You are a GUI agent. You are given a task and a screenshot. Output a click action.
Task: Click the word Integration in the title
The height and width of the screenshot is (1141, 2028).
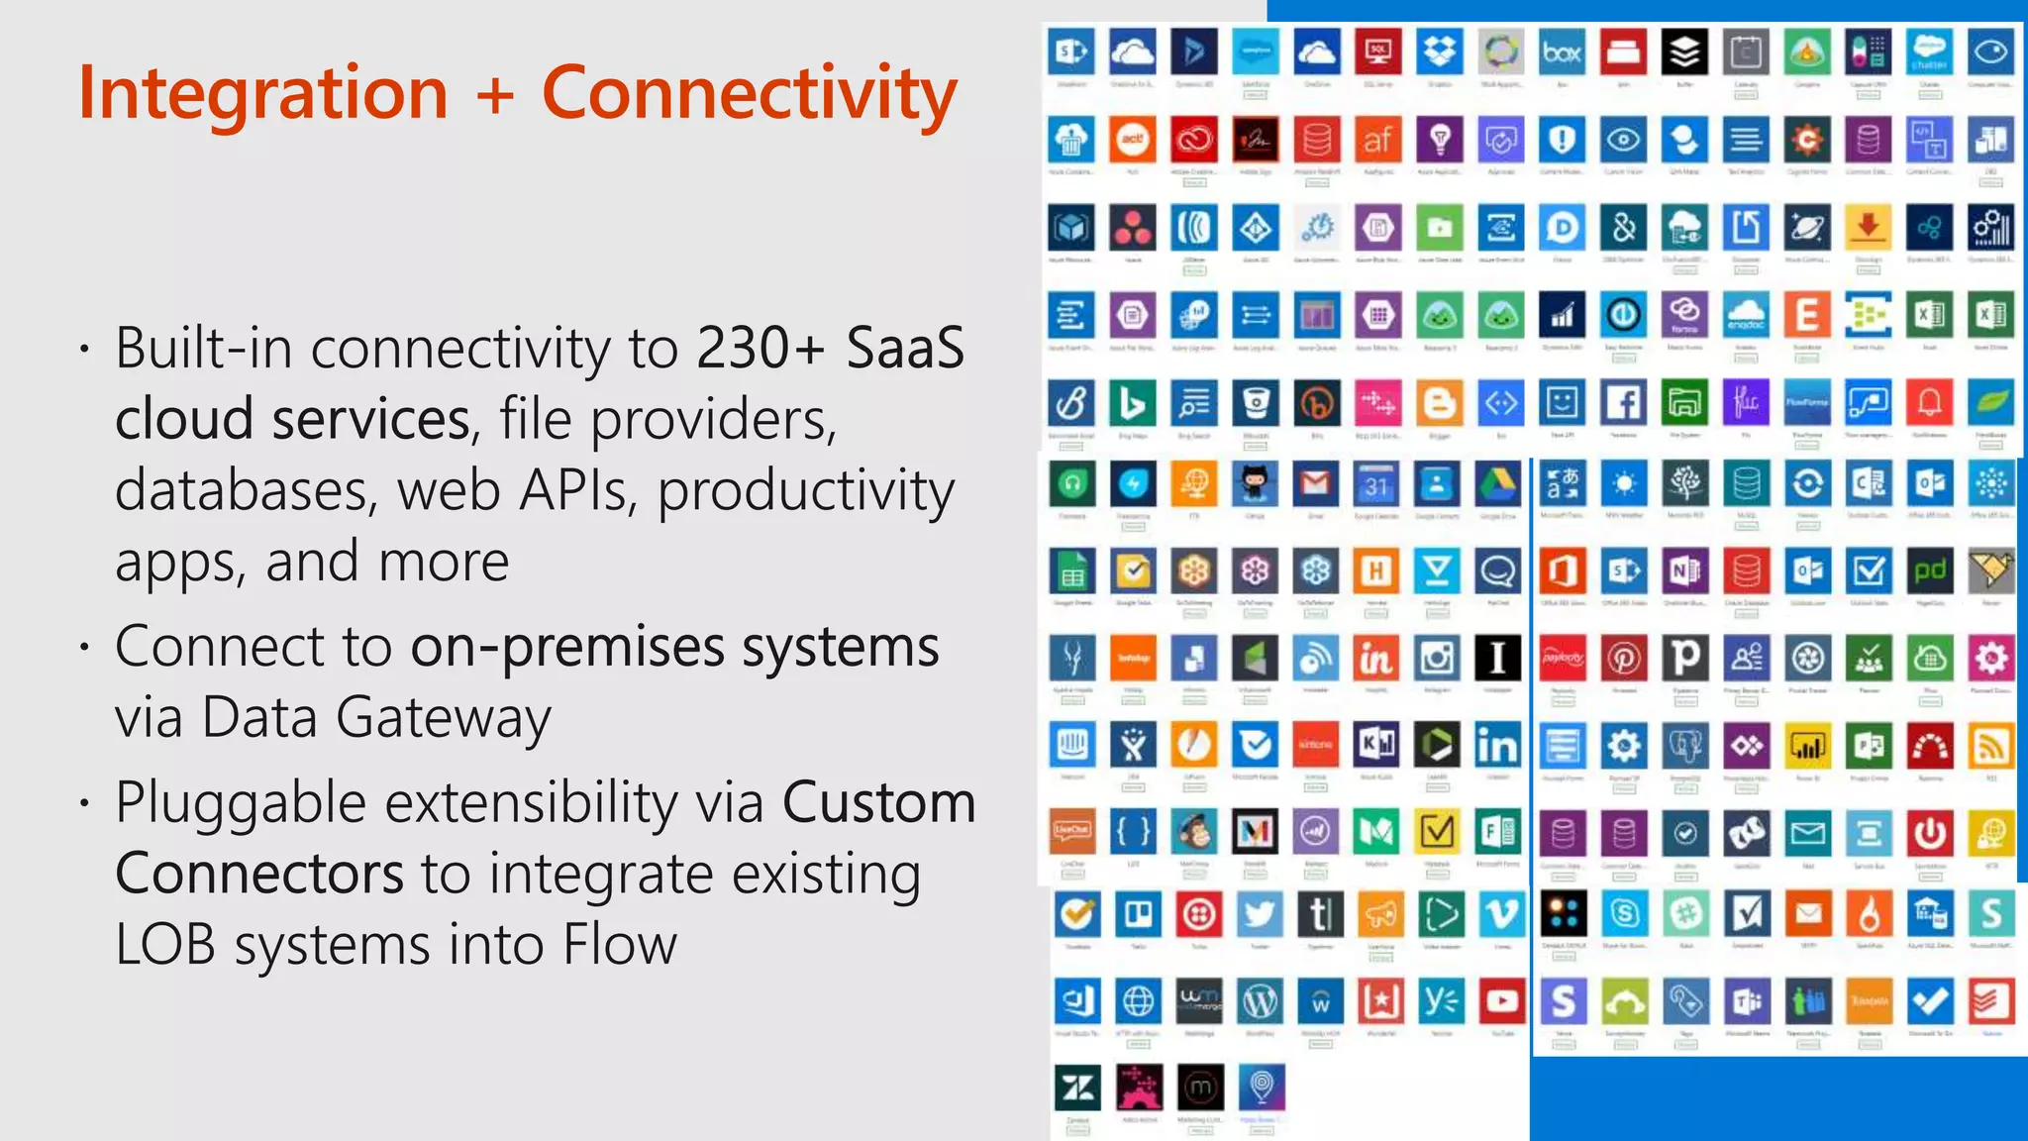(x=263, y=93)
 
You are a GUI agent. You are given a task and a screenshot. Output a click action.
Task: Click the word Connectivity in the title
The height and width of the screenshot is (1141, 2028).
(x=750, y=93)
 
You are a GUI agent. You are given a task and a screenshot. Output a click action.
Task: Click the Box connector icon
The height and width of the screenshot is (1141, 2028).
(x=1562, y=52)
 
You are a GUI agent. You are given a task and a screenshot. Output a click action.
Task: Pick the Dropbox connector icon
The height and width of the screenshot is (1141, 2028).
(x=1439, y=52)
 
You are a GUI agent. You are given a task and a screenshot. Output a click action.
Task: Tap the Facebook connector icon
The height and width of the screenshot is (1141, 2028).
(x=1623, y=403)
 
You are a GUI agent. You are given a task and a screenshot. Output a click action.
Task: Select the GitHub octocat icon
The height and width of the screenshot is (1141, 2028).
(x=1255, y=484)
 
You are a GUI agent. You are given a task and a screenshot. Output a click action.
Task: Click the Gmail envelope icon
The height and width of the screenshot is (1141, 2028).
(x=1315, y=484)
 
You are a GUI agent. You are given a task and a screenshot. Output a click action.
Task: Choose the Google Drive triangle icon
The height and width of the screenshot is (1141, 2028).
(x=1498, y=484)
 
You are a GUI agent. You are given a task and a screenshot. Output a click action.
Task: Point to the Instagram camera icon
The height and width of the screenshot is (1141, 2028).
(x=1437, y=658)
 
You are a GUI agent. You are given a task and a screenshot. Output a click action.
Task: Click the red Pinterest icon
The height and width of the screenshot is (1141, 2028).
(x=1624, y=658)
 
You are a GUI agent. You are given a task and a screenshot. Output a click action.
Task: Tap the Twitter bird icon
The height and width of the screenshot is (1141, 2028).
(x=1260, y=914)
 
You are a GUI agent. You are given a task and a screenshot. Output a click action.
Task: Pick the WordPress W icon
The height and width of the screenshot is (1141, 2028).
(x=1260, y=1002)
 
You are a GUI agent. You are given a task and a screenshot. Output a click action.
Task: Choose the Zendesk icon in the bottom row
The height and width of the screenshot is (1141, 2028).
(x=1077, y=1089)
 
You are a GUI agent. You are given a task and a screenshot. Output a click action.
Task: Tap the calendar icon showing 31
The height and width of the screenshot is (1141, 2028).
(x=1376, y=484)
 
